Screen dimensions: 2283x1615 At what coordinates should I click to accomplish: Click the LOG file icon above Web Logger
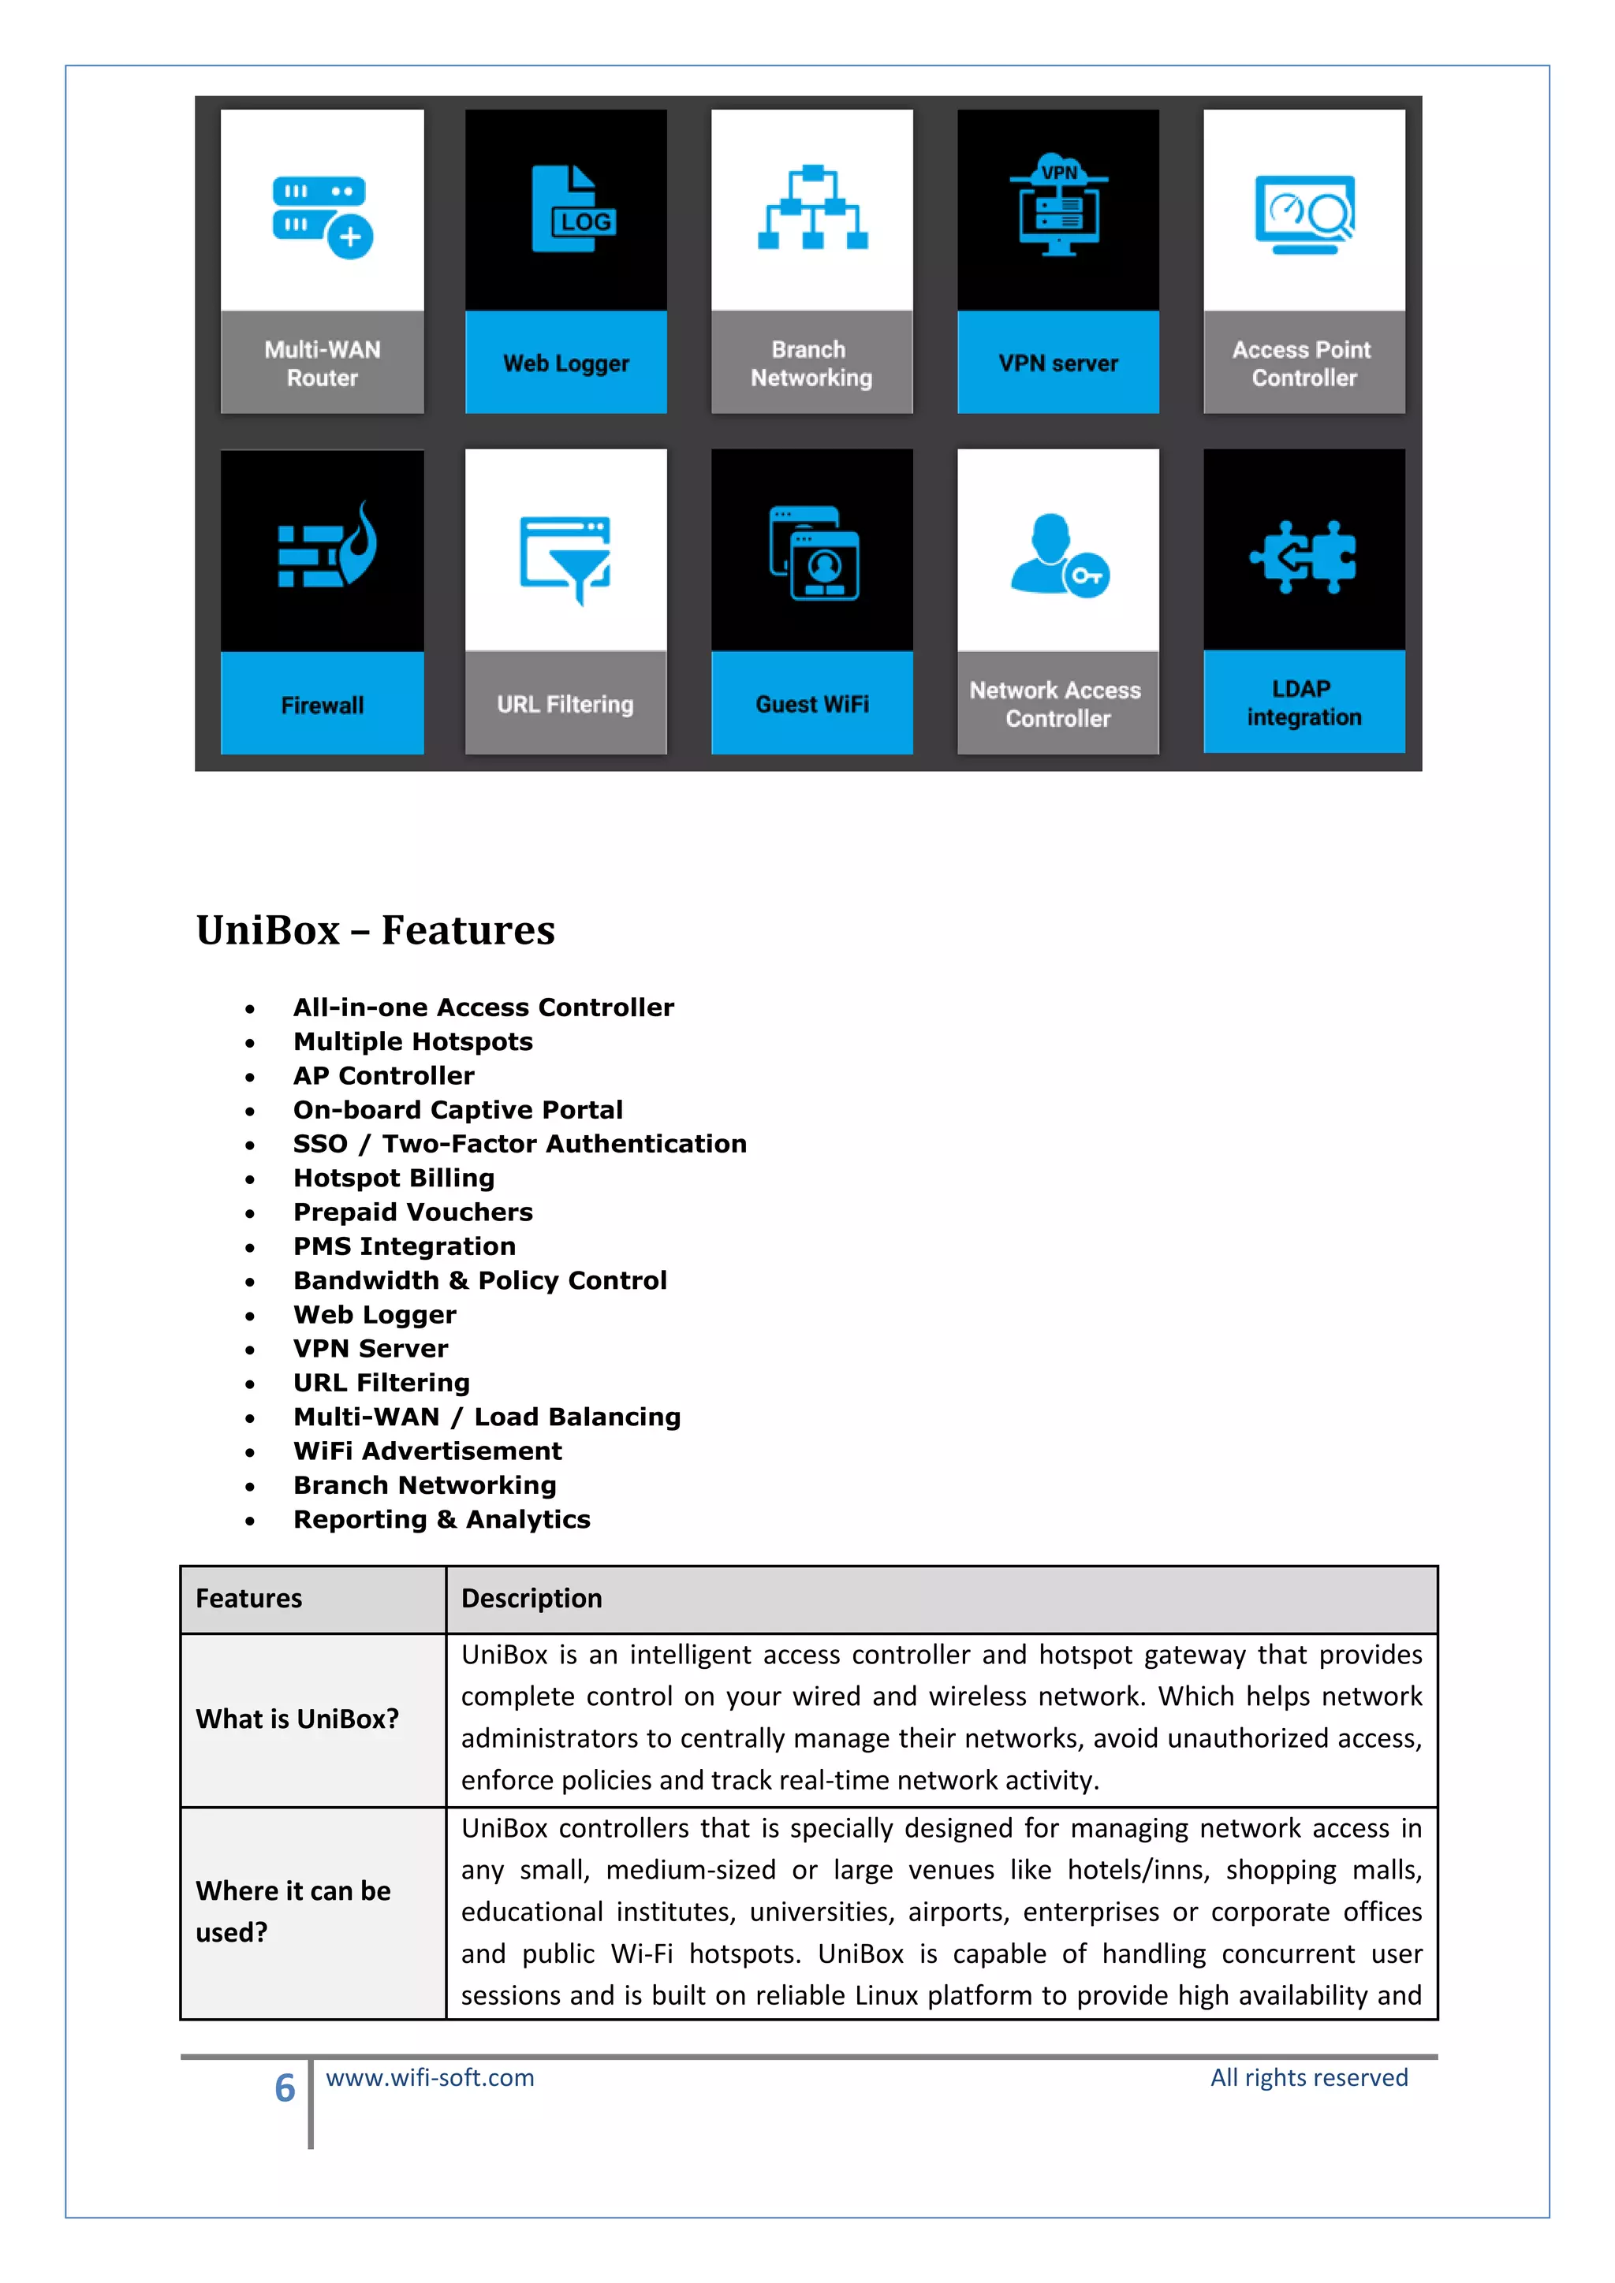point(574,209)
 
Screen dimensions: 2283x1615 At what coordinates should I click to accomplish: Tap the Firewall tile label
point(323,705)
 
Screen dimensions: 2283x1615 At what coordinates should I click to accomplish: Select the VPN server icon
point(1058,206)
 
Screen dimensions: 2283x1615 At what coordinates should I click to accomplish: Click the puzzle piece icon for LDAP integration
point(1303,557)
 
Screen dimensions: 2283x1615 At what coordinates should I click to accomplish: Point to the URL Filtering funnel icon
point(565,559)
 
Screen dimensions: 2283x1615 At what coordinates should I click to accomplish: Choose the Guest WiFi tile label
point(811,704)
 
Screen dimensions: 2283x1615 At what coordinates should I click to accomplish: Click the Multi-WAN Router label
point(323,364)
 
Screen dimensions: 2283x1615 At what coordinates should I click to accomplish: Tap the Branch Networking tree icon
point(811,208)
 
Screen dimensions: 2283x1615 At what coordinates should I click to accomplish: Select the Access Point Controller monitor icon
point(1304,214)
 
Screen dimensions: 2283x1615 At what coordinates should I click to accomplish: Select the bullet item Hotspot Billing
point(393,1179)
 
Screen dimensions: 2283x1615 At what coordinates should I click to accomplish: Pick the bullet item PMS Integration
point(404,1247)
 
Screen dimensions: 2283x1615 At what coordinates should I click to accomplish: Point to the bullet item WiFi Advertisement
point(427,1452)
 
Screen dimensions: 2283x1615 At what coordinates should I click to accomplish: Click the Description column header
point(532,1599)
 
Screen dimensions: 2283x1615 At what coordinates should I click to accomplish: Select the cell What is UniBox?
point(297,1719)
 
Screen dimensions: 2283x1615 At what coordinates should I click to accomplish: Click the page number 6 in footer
point(285,2088)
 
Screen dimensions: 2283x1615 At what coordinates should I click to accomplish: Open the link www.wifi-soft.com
point(430,2078)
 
